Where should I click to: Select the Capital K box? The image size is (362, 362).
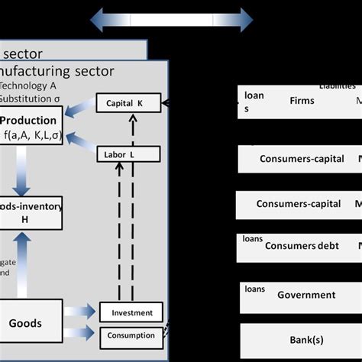(x=128, y=103)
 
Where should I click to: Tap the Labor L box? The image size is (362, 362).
(x=128, y=154)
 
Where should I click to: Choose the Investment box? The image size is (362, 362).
(x=131, y=312)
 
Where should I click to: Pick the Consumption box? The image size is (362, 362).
(x=131, y=335)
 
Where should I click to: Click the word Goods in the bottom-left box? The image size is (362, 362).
(x=25, y=323)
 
